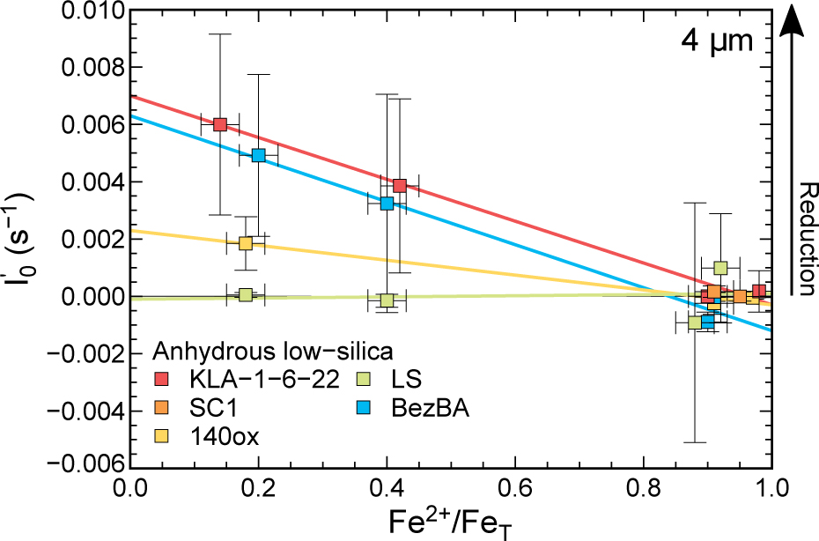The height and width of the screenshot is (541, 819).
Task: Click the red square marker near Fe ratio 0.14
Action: [220, 124]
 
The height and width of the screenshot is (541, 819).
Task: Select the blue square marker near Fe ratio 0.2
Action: [259, 155]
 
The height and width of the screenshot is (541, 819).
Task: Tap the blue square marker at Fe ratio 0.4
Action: [387, 204]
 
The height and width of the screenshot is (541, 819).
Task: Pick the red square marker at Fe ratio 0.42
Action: [400, 185]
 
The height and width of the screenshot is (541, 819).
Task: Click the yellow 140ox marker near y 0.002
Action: [246, 242]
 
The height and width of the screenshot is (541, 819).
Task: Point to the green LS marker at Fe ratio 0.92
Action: [720, 268]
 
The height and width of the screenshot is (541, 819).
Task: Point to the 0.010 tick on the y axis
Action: [98, 11]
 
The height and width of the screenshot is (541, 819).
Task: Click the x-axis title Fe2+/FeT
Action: [452, 521]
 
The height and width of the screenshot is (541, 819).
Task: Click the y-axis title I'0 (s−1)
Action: [21, 238]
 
